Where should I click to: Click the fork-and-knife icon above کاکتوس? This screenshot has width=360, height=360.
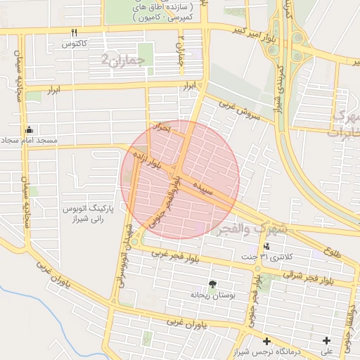click(x=74, y=32)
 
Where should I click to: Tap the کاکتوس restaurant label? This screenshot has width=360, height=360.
click(x=74, y=44)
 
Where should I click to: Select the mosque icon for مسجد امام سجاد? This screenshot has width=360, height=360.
click(x=29, y=129)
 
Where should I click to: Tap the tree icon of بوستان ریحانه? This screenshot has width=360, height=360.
click(x=212, y=285)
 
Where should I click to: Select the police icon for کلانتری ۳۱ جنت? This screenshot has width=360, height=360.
click(x=266, y=246)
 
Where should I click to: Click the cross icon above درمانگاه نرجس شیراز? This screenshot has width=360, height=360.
click(x=266, y=341)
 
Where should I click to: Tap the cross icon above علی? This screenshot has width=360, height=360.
click(x=327, y=341)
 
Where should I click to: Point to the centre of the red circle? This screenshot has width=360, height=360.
click(x=180, y=179)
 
